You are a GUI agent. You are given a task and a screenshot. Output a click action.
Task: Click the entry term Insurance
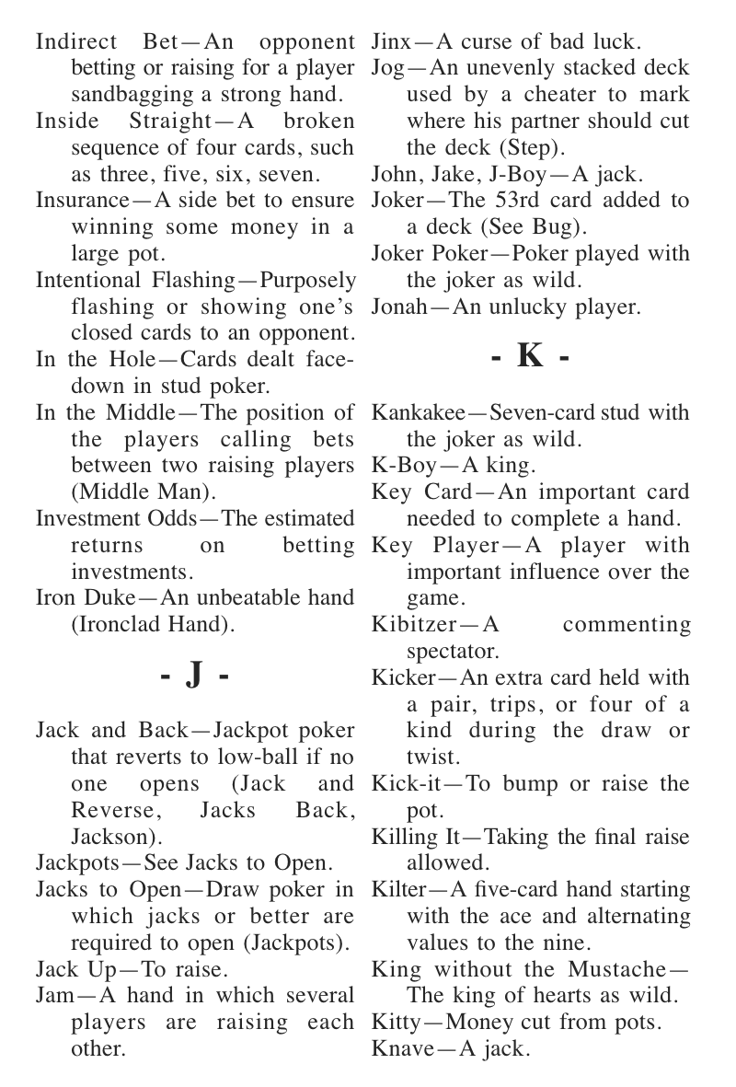[78, 201]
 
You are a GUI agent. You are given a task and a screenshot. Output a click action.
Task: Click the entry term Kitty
[394, 1023]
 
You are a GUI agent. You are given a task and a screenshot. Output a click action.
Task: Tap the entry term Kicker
[402, 678]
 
